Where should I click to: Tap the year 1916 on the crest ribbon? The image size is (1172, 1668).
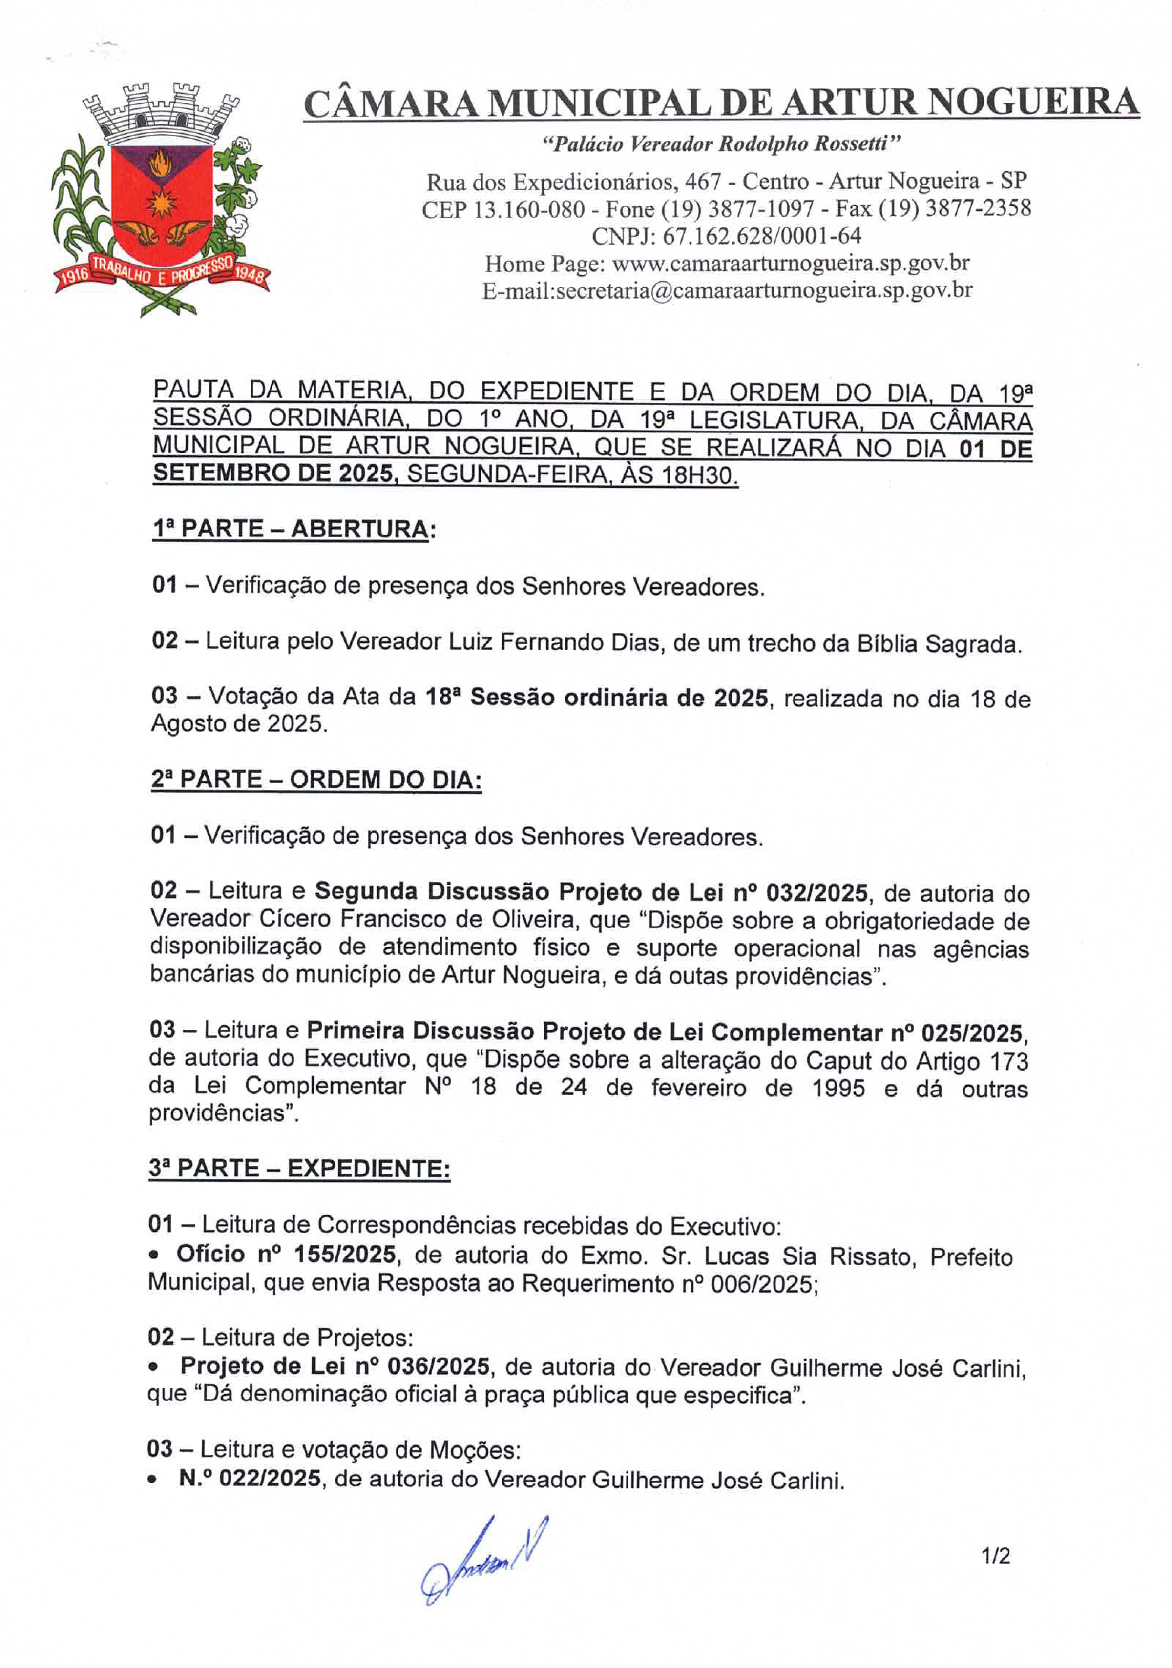click(x=73, y=275)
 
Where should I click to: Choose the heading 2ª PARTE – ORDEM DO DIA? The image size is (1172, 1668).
click(x=316, y=780)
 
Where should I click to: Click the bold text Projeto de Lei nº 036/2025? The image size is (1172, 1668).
click(x=334, y=1366)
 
